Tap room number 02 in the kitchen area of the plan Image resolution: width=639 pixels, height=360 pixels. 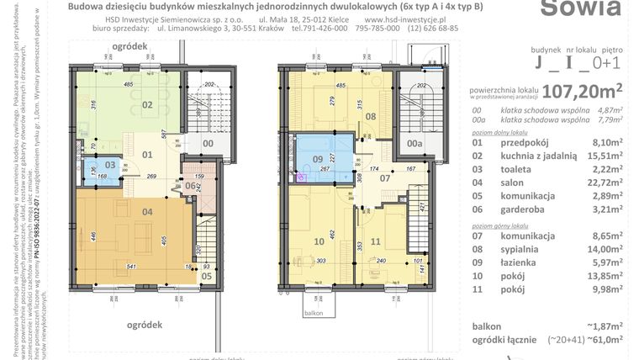(x=146, y=105)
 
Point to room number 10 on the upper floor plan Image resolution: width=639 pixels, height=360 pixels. (x=319, y=242)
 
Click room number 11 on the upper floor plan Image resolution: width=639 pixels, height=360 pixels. (x=376, y=242)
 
